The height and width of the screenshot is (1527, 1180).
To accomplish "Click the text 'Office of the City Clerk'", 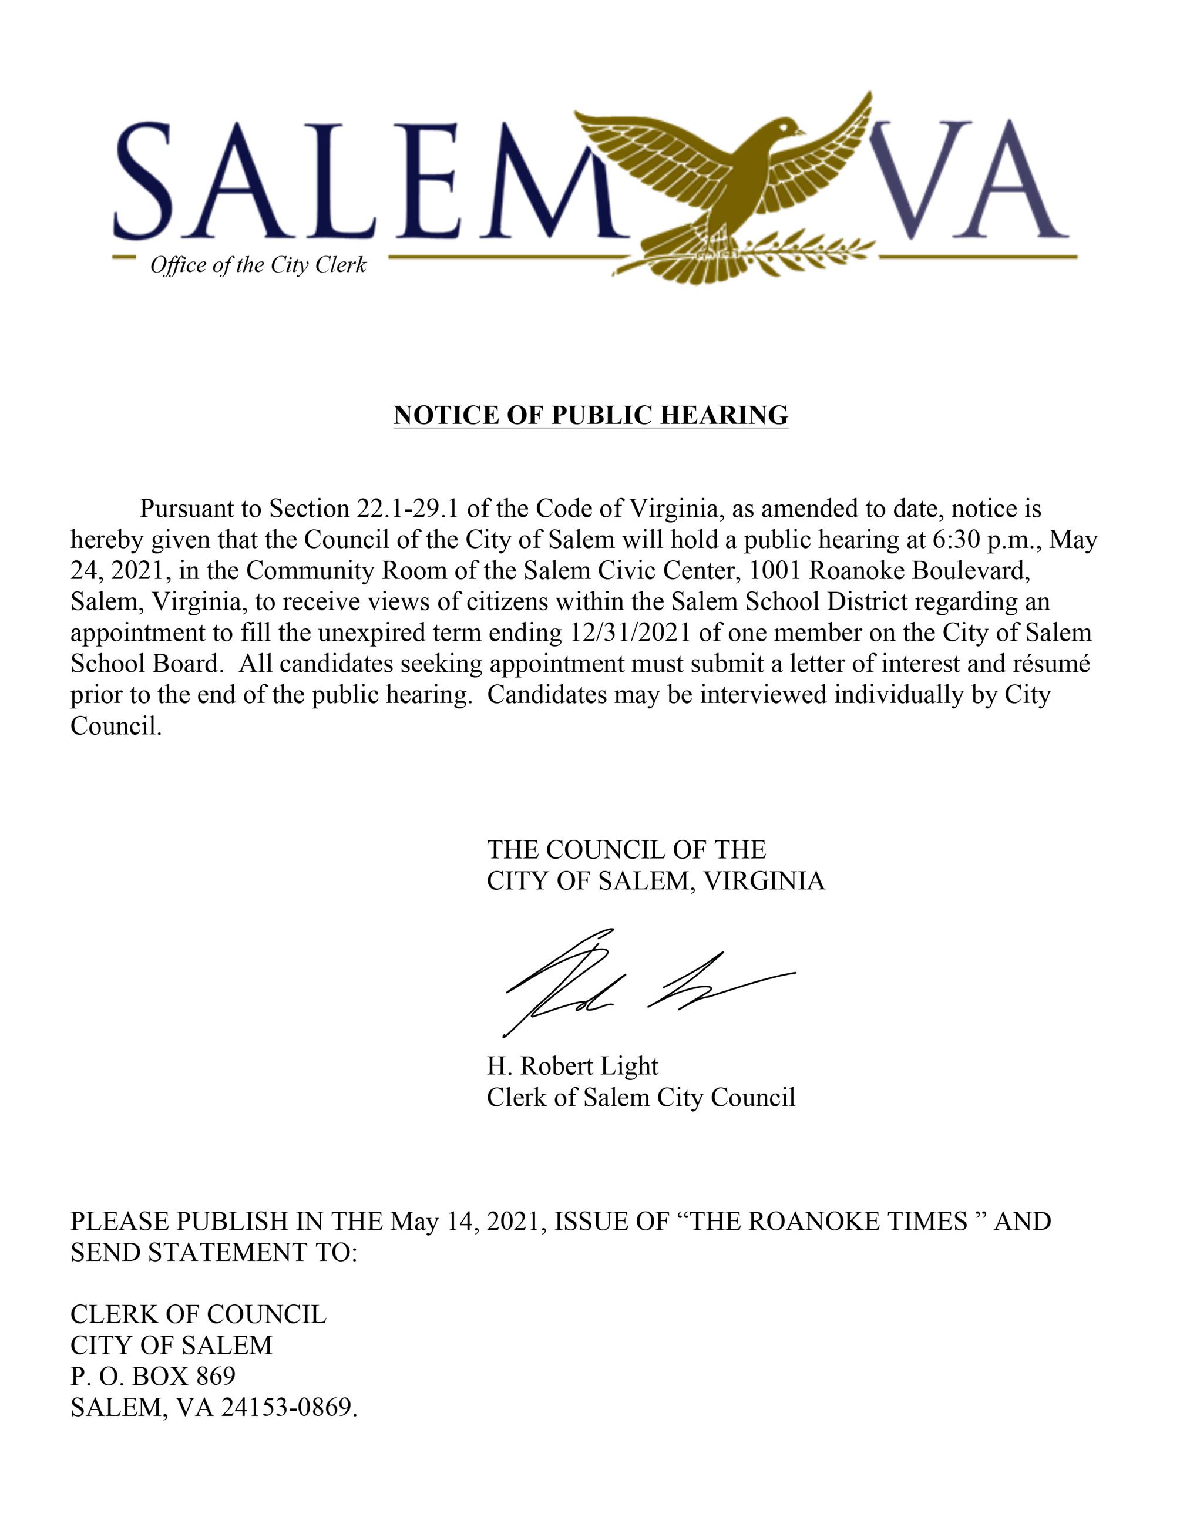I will (258, 265).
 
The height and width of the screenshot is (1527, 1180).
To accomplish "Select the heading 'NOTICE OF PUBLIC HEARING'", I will (591, 415).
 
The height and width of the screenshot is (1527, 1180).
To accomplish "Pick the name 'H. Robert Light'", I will (573, 1065).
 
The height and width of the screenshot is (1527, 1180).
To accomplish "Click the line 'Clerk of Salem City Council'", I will (641, 1097).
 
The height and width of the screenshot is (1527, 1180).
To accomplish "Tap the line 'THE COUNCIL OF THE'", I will (626, 849).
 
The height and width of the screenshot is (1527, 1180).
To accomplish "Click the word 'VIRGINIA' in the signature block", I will (764, 881).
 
